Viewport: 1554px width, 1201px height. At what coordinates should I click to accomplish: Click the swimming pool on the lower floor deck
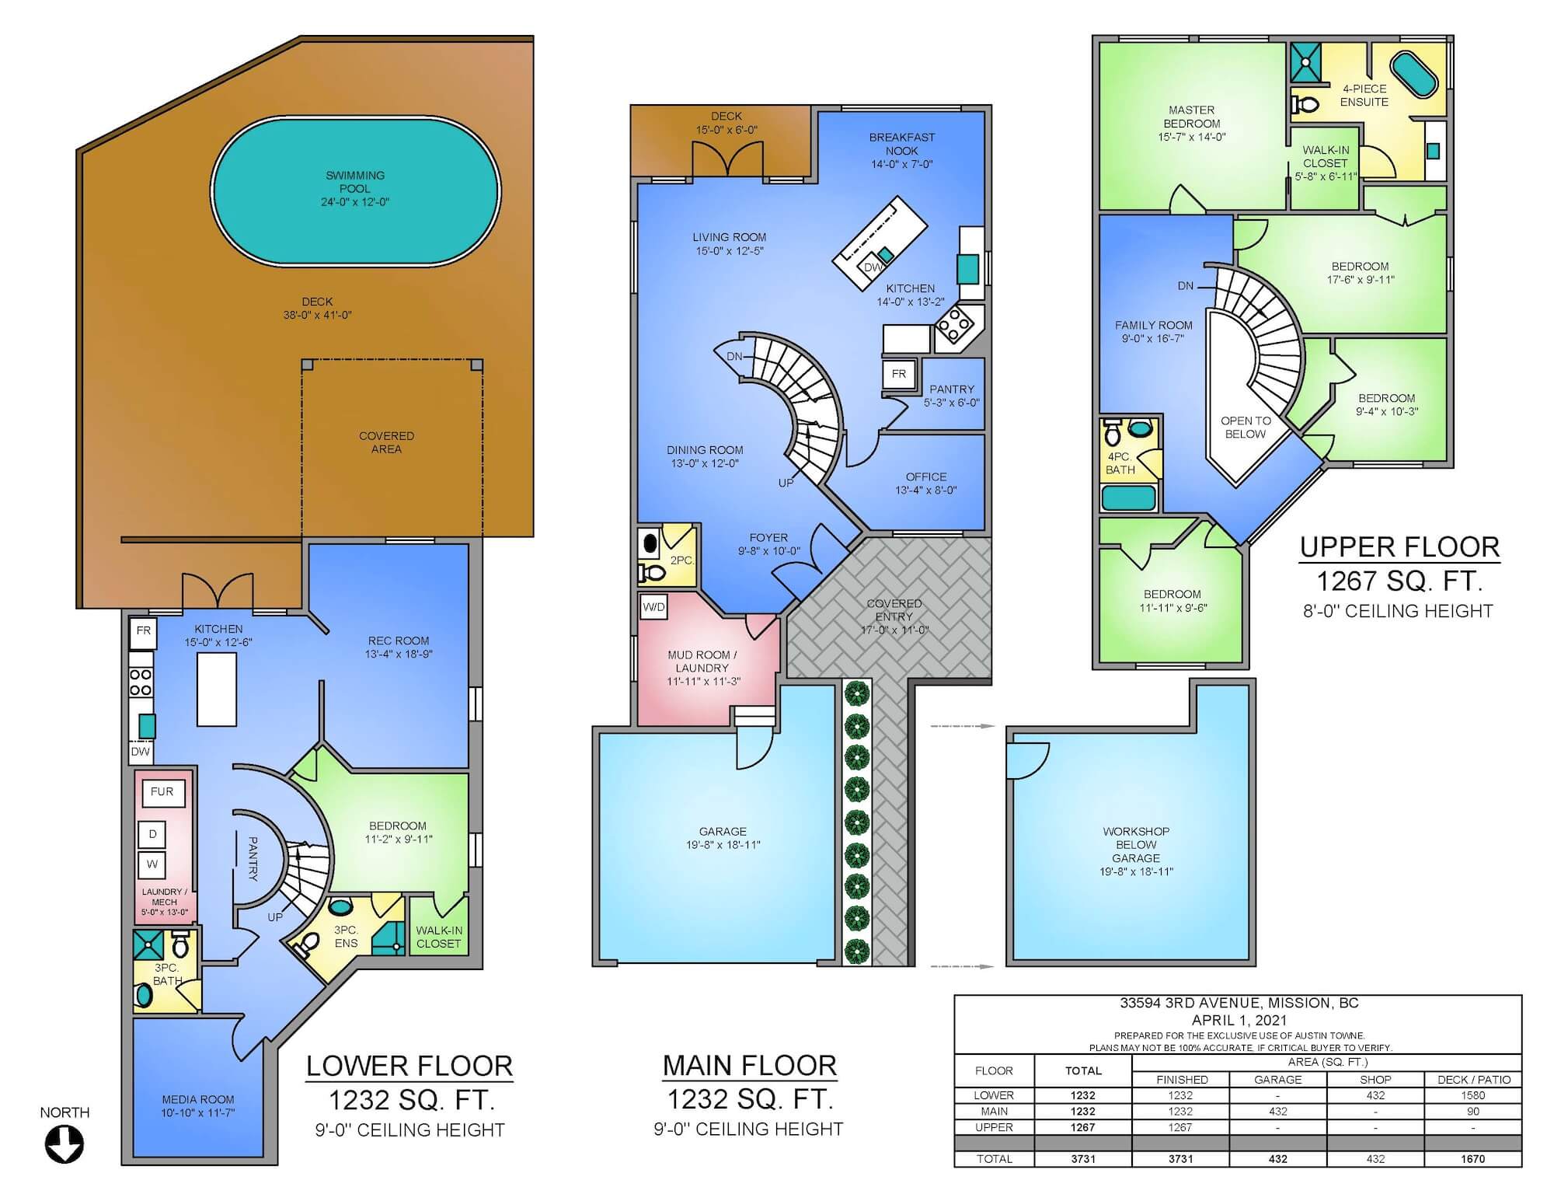click(356, 190)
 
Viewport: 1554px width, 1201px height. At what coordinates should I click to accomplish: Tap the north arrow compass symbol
click(64, 1145)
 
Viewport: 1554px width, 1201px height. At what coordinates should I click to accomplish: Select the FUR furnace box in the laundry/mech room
click(162, 792)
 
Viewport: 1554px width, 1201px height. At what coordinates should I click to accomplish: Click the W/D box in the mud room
click(653, 607)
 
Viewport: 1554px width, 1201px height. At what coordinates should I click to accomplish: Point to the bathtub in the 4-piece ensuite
click(1414, 75)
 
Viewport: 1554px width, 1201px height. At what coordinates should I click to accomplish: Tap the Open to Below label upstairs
click(1246, 428)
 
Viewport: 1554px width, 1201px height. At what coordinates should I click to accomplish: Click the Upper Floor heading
click(1399, 547)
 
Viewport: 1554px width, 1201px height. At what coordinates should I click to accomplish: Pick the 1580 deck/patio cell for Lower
click(1472, 1095)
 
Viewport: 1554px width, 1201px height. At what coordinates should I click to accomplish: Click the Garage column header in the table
click(1277, 1080)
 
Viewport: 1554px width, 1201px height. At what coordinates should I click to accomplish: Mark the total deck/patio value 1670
click(1472, 1159)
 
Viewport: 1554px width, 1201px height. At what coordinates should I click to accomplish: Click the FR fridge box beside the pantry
click(899, 374)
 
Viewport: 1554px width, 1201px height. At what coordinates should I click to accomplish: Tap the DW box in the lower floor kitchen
click(141, 752)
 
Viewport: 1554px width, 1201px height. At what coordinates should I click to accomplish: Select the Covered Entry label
click(894, 616)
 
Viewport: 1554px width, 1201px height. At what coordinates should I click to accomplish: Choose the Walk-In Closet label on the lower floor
click(439, 937)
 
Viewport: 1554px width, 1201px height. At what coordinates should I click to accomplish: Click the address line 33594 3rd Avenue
click(1239, 1003)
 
